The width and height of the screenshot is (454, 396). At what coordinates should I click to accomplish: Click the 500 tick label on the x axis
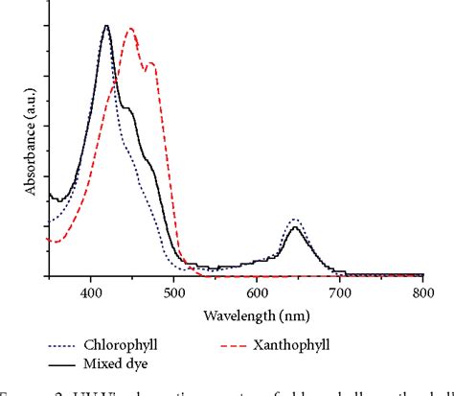tap(174, 291)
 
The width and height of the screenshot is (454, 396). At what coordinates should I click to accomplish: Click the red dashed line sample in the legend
tap(256, 343)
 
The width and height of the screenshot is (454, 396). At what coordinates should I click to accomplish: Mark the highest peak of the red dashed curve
tap(130, 29)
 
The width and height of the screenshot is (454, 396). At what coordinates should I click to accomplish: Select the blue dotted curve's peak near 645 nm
tap(295, 219)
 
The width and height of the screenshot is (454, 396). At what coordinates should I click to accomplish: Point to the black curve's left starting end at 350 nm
tap(49, 198)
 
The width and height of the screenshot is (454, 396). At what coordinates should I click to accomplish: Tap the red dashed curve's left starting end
tap(49, 241)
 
